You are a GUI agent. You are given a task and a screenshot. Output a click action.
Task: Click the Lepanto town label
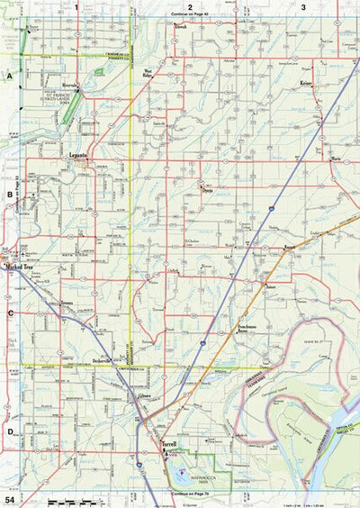click(77, 156)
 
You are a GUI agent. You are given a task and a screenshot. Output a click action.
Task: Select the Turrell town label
click(169, 445)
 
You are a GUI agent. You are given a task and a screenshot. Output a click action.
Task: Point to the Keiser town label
click(305, 83)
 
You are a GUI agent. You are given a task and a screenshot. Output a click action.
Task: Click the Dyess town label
click(206, 190)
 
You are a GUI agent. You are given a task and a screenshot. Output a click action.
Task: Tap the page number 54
click(10, 498)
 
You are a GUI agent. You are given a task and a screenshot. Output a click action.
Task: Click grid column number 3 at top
click(303, 6)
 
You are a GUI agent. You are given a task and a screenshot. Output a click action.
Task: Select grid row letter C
click(10, 313)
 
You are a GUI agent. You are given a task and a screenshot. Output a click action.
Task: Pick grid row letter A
click(10, 77)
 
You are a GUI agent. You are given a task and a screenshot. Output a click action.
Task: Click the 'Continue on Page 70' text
click(191, 494)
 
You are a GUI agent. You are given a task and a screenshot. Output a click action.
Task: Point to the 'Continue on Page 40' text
click(190, 15)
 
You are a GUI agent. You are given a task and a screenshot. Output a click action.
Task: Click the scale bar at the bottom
click(76, 499)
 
